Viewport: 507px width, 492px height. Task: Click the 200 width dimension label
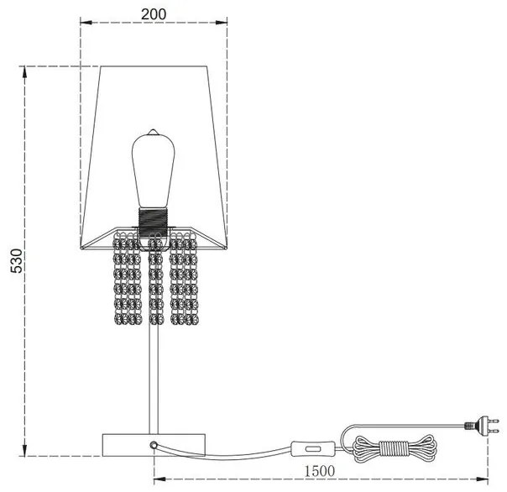154,14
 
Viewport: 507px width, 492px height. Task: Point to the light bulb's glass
152,172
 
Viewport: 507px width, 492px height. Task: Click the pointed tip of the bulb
153,132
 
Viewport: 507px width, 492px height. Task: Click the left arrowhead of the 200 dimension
83,26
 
